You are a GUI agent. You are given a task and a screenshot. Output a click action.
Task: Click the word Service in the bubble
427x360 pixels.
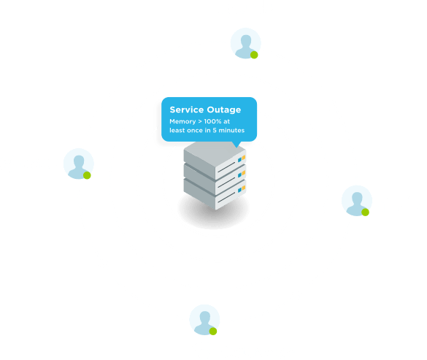(x=187, y=110)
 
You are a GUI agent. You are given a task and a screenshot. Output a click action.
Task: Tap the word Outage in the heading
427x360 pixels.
(x=224, y=110)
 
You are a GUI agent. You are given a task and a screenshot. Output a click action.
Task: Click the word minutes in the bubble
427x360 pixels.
(x=231, y=130)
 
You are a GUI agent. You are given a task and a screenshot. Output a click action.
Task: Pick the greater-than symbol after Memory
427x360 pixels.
(x=200, y=121)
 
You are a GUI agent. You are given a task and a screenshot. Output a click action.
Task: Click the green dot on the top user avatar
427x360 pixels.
(x=254, y=55)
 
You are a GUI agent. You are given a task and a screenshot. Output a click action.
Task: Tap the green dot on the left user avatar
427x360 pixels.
(x=87, y=175)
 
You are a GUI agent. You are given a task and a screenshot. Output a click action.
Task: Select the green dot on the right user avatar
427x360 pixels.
(x=365, y=212)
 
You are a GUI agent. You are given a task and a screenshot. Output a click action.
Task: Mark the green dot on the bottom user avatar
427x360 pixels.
(x=213, y=332)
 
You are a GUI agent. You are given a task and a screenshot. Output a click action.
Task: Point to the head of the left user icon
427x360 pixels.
(x=79, y=161)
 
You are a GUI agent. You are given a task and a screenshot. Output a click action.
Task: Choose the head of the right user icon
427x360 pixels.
(x=357, y=198)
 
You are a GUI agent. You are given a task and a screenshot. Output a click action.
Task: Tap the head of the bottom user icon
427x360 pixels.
(x=205, y=317)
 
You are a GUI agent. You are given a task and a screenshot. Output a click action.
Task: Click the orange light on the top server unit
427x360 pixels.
(x=244, y=158)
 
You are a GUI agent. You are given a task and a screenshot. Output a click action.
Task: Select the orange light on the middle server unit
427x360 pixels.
(x=244, y=173)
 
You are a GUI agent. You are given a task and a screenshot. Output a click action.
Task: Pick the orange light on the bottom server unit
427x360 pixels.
(x=244, y=188)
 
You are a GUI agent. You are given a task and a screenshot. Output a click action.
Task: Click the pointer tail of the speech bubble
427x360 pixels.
(x=236, y=145)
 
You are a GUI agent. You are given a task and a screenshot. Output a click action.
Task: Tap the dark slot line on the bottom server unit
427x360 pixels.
(x=226, y=198)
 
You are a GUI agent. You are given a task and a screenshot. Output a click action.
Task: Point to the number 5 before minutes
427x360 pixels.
(x=215, y=130)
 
